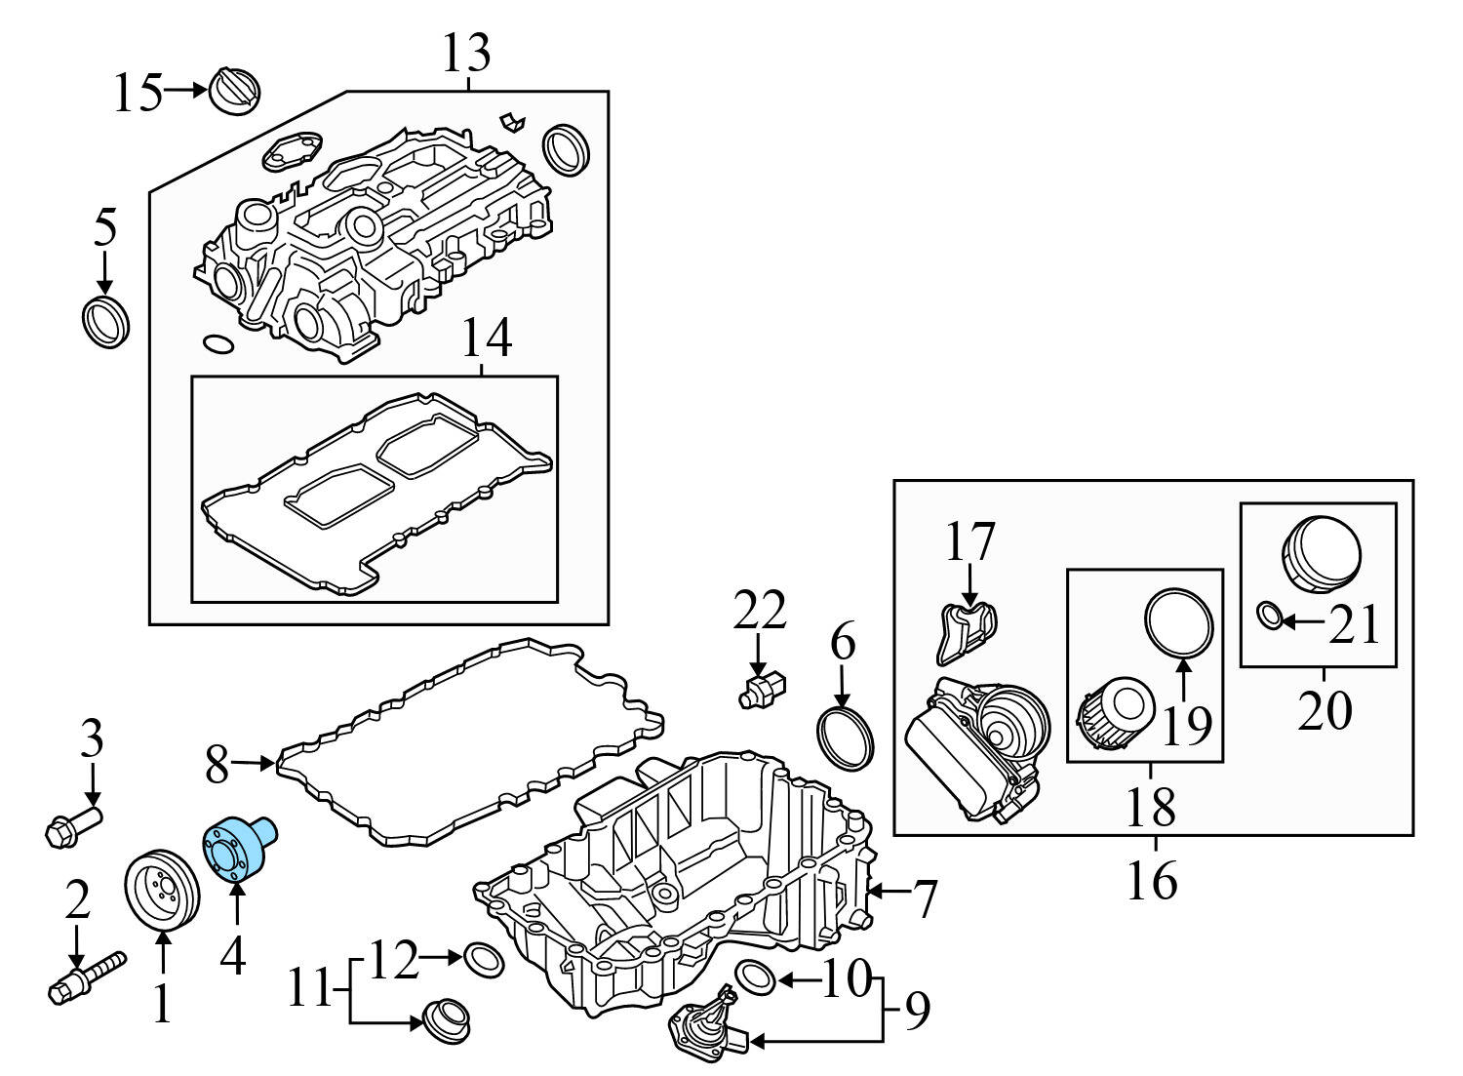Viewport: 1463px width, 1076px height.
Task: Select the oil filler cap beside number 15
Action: [x=235, y=91]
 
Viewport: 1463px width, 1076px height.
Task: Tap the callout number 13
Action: [x=466, y=54]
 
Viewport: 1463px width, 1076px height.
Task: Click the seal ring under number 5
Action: [x=104, y=322]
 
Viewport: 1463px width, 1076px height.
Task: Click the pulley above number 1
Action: [x=162, y=890]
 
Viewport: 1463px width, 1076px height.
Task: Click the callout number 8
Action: [x=217, y=767]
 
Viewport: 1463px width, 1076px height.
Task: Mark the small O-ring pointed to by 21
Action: [x=1269, y=616]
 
